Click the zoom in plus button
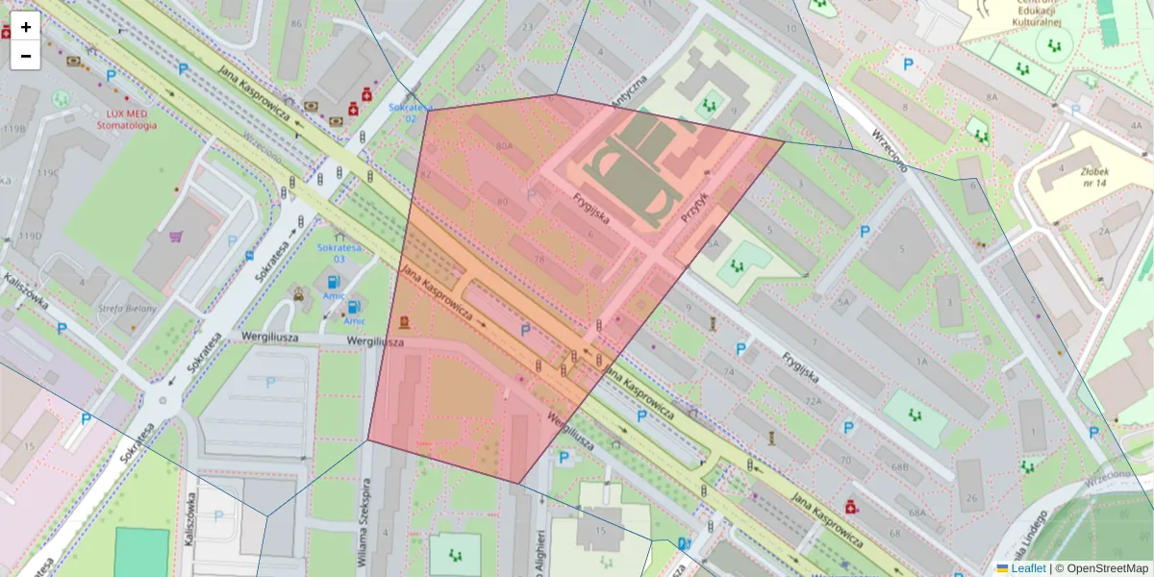[26, 27]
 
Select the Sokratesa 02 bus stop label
[410, 113]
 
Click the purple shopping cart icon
[176, 236]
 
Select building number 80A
[504, 146]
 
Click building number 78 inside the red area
[538, 260]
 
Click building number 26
[971, 497]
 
